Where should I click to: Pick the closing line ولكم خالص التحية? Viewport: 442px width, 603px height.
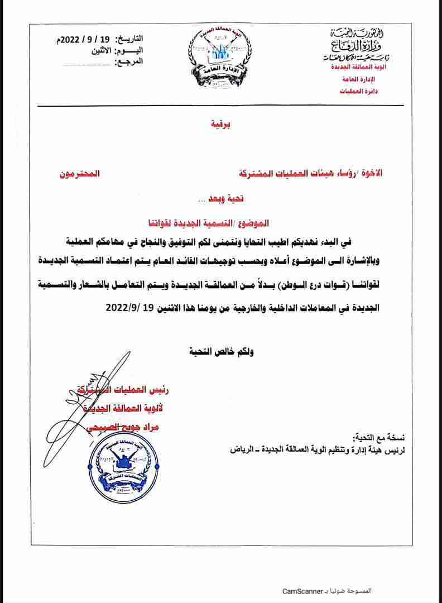(x=219, y=351)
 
